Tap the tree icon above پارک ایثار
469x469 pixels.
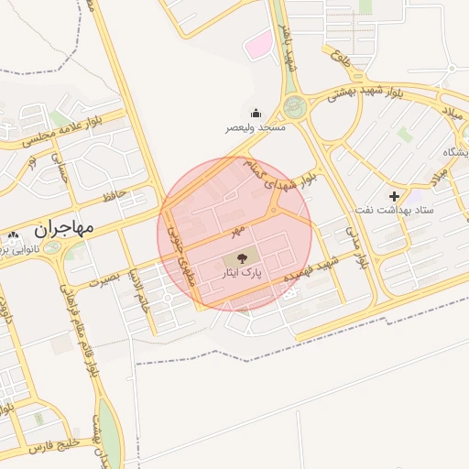242,259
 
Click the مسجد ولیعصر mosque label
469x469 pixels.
257,127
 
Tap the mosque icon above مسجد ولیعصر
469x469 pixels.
255,112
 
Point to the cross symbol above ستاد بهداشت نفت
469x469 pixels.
394,196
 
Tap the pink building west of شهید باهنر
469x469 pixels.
262,42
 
